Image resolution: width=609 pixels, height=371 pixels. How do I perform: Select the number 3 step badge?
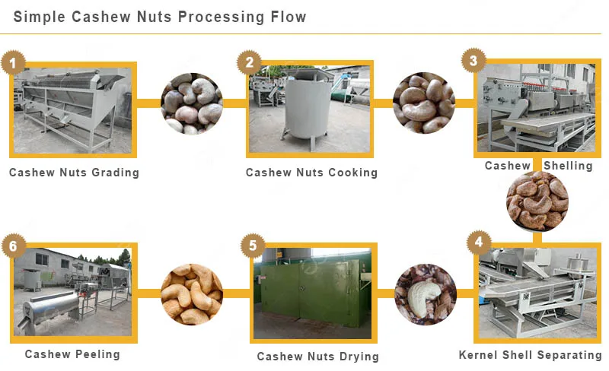tap(473, 60)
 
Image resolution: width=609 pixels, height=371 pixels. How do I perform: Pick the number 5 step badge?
tap(253, 246)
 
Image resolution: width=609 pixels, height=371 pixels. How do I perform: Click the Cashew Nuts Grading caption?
tap(74, 173)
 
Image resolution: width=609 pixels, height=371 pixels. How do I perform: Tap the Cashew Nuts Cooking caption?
tap(311, 173)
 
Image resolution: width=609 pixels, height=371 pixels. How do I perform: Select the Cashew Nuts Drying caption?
tap(317, 356)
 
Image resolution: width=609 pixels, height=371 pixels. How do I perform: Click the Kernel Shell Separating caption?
tap(530, 355)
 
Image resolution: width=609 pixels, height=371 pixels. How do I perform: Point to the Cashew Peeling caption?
tap(72, 354)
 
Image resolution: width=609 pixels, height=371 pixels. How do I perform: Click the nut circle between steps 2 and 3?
tap(424, 103)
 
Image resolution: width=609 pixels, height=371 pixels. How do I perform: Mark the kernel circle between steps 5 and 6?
tap(192, 293)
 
